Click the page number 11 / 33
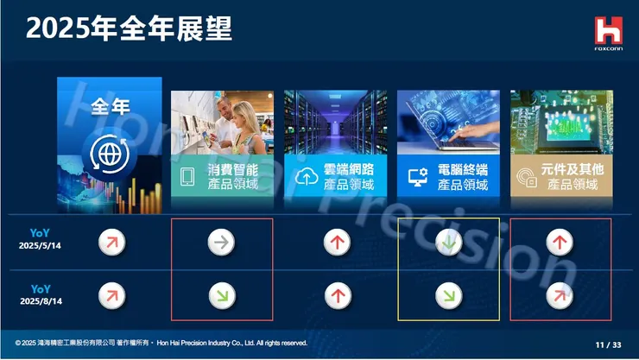[x=608, y=344]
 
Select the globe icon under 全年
[x=108, y=155]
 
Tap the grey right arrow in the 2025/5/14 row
[x=222, y=242]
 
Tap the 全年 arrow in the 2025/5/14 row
[x=109, y=242]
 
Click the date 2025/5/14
[x=41, y=245]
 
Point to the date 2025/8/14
[x=41, y=300]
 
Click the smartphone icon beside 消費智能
[x=187, y=177]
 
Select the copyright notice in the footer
[x=161, y=343]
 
